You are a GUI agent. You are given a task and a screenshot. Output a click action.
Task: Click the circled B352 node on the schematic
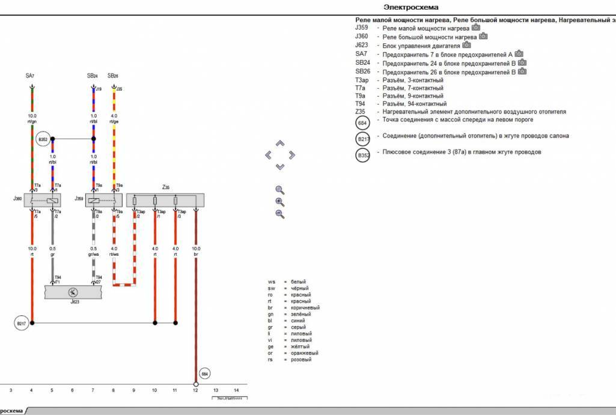(x=43, y=139)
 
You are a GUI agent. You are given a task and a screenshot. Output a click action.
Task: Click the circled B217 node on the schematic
(x=22, y=323)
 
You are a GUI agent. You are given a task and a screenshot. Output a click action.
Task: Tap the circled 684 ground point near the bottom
(x=205, y=374)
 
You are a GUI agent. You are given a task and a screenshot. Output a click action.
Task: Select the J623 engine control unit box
(x=73, y=292)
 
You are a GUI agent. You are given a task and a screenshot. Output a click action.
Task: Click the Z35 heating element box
(x=165, y=201)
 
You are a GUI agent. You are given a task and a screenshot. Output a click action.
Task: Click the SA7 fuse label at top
(x=30, y=76)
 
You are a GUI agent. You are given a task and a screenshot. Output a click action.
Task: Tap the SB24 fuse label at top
(x=93, y=76)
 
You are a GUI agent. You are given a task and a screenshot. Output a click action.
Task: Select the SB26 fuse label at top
(x=112, y=76)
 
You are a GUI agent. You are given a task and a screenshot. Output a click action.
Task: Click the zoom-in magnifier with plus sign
(x=279, y=202)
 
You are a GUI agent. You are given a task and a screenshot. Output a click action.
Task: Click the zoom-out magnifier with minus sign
(x=279, y=214)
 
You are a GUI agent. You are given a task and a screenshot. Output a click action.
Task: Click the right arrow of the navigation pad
(x=292, y=155)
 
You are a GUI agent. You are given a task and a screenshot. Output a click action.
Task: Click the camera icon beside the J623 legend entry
(x=466, y=45)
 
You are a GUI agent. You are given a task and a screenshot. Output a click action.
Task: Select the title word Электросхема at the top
(x=406, y=7)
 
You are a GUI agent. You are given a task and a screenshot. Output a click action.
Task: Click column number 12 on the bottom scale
(x=195, y=390)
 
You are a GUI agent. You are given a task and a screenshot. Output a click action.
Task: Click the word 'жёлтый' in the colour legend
(x=300, y=347)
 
